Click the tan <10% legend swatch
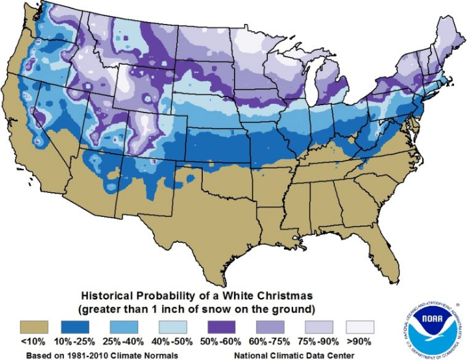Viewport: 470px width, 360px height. (33, 327)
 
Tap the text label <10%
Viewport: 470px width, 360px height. (33, 343)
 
